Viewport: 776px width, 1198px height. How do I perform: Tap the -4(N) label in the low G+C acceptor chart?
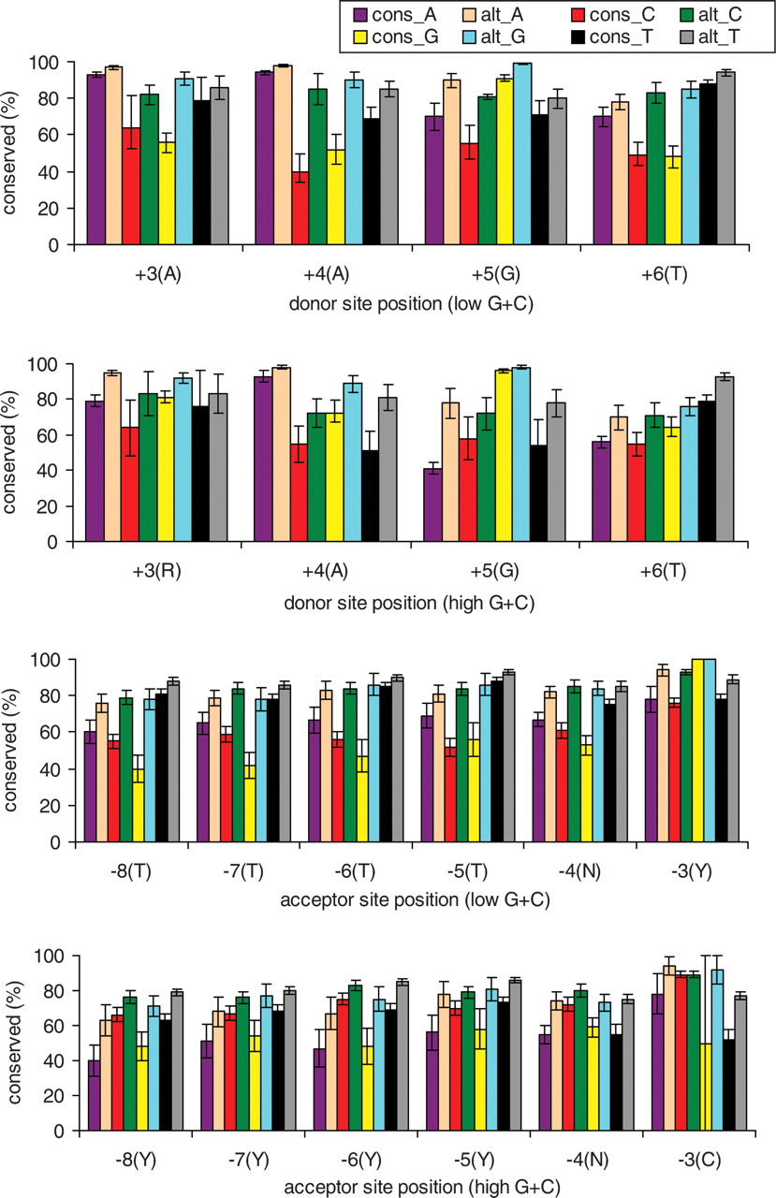coord(593,871)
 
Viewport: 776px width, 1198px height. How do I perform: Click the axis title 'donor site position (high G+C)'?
coord(411,603)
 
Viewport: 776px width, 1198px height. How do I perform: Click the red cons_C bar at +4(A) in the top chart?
coord(300,208)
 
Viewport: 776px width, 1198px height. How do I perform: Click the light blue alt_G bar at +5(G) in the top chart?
coord(522,153)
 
